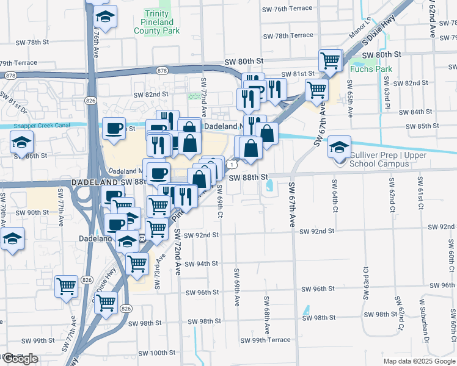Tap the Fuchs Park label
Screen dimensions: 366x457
point(371,69)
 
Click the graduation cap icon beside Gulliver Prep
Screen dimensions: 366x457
point(340,147)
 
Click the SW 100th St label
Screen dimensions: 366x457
point(157,353)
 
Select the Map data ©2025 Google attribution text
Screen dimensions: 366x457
point(419,361)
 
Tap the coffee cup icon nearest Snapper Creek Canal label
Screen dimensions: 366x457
point(114,129)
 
